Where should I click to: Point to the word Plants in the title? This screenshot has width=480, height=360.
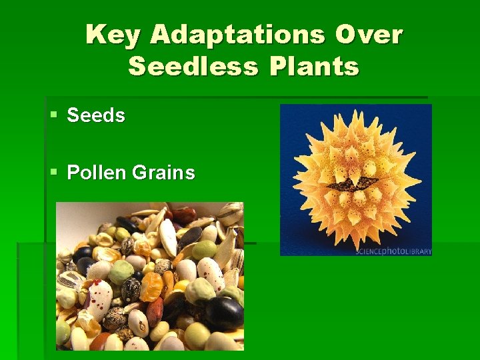point(313,67)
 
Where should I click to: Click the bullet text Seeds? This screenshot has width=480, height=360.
point(96,115)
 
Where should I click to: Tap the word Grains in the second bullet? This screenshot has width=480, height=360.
point(163,173)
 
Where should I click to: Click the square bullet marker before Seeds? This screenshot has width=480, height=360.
point(53,116)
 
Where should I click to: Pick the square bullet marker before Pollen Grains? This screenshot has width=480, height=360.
point(53,173)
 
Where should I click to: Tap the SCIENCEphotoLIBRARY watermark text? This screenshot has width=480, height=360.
point(393,252)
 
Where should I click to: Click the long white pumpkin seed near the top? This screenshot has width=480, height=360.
point(167,236)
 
